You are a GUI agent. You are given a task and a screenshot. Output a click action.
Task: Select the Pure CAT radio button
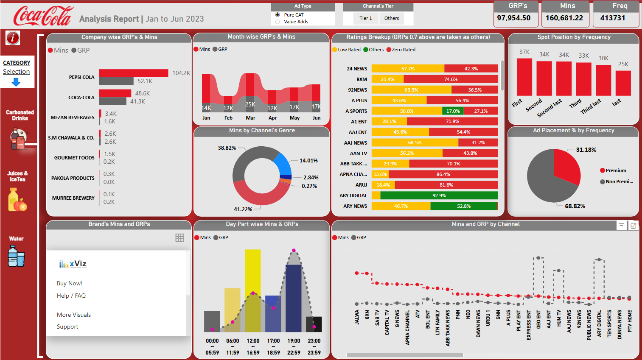tap(278, 15)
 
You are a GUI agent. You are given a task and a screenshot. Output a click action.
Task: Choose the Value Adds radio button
tap(278, 22)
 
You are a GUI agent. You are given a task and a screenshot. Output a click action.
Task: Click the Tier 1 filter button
tap(365, 18)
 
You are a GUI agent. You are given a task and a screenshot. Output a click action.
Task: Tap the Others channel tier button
tap(391, 18)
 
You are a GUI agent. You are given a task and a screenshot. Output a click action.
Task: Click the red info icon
tap(13, 38)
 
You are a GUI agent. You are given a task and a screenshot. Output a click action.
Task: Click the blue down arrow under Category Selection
tap(16, 82)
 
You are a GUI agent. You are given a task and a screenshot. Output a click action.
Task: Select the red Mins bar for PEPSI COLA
tap(133, 73)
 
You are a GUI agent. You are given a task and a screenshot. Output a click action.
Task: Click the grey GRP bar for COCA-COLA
tap(112, 101)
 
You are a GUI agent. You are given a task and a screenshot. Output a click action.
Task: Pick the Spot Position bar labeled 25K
tap(623, 83)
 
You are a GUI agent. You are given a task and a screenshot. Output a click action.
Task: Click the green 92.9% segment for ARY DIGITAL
tap(439, 195)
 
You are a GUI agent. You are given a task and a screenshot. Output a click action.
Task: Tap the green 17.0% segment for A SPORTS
tap(453, 111)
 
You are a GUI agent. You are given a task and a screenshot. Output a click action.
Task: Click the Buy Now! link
tap(70, 283)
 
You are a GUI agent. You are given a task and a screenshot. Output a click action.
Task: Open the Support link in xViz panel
tap(67, 327)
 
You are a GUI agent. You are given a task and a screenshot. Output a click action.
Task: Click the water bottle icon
tap(16, 256)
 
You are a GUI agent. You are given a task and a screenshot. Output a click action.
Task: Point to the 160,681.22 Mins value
tap(564, 18)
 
